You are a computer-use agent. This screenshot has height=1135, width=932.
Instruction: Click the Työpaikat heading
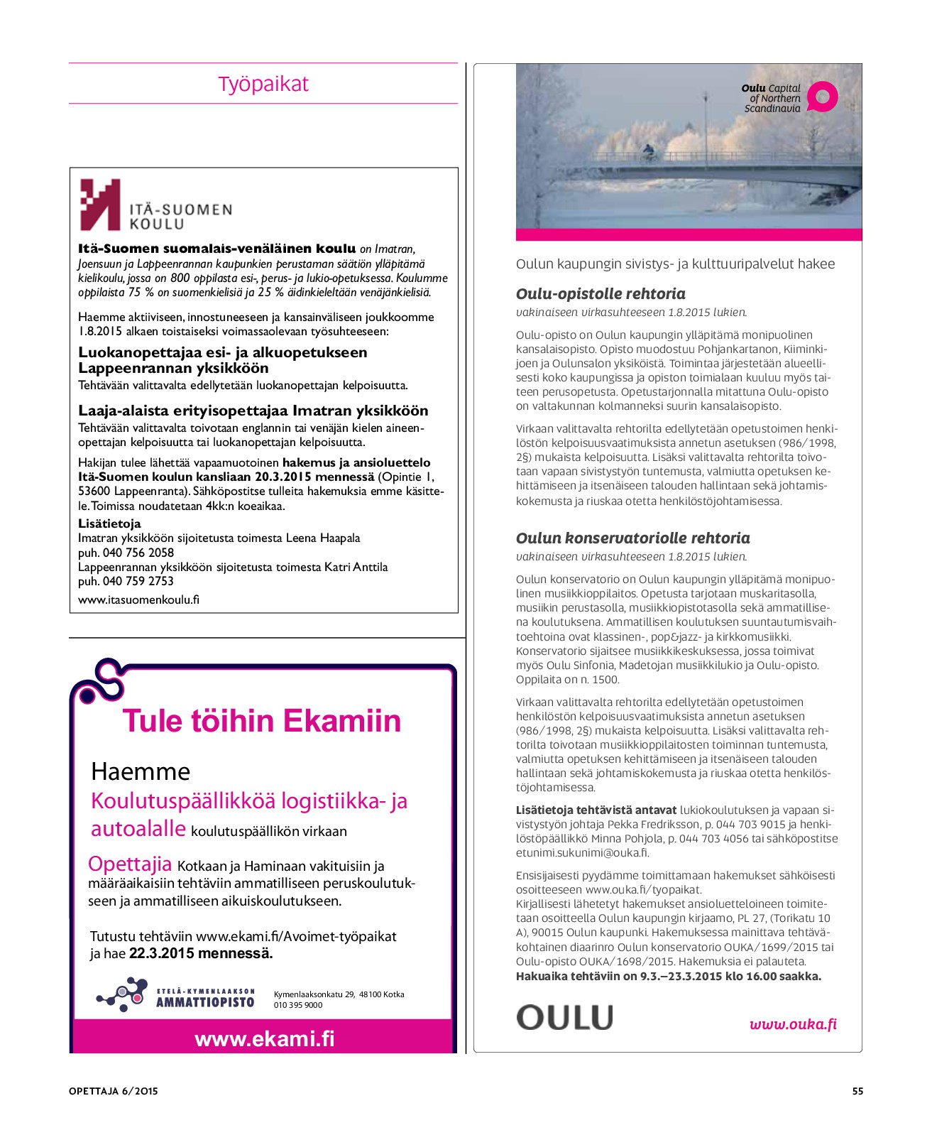tap(263, 84)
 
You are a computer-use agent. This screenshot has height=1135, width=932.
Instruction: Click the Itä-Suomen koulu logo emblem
tap(99, 205)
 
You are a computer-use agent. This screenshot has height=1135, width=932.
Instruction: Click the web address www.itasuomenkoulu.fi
tap(138, 599)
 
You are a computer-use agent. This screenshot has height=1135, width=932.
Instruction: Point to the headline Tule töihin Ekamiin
tap(262, 721)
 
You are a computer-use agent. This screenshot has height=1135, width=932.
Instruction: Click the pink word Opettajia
tap(130, 864)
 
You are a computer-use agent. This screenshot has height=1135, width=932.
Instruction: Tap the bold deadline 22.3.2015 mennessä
tap(201, 953)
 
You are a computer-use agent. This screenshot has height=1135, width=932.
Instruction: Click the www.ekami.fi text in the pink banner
tap(264, 1039)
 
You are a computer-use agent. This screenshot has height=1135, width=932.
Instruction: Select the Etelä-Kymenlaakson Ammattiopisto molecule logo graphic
tap(122, 996)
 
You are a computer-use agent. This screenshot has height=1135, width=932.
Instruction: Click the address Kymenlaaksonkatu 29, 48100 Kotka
tap(339, 994)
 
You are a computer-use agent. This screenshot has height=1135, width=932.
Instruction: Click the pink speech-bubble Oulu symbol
tap(823, 97)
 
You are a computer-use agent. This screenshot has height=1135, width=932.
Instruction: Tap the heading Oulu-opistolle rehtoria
tap(601, 294)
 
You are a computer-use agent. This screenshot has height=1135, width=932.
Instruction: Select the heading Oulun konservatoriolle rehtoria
tap(632, 538)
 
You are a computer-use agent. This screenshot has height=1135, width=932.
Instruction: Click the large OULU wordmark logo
tap(564, 1018)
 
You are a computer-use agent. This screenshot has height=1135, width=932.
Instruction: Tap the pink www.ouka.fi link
tap(793, 1023)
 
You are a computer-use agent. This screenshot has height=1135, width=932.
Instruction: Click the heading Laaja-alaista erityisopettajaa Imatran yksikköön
tap(253, 411)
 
